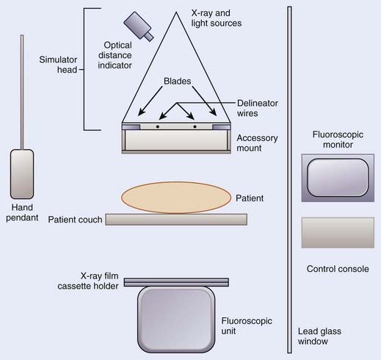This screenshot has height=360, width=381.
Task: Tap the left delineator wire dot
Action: (x=158, y=126)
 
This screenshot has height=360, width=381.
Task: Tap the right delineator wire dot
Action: (x=195, y=126)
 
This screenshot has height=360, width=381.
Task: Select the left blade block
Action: (x=131, y=126)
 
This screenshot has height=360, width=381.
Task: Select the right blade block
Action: (x=222, y=126)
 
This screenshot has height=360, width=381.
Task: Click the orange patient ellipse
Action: (x=176, y=198)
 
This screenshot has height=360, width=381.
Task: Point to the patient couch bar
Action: (x=176, y=219)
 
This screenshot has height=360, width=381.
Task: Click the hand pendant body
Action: (x=22, y=174)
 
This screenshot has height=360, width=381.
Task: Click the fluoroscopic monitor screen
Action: (x=338, y=178)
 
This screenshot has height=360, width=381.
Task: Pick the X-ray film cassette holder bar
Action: (x=176, y=282)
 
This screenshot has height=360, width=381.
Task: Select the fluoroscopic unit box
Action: (x=176, y=320)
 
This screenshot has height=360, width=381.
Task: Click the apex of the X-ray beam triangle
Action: (x=176, y=12)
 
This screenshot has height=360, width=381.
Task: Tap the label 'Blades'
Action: (x=178, y=81)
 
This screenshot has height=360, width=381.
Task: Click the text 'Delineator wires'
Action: (x=258, y=108)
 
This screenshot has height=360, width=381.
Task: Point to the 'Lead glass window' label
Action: (x=319, y=336)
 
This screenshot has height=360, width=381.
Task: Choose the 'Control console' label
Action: (x=338, y=269)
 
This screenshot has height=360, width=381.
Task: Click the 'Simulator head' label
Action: (x=58, y=65)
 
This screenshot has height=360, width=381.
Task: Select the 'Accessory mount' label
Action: (x=257, y=143)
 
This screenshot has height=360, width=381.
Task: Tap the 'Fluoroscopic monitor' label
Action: (x=338, y=140)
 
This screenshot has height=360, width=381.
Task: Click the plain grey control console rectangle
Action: (x=338, y=233)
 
